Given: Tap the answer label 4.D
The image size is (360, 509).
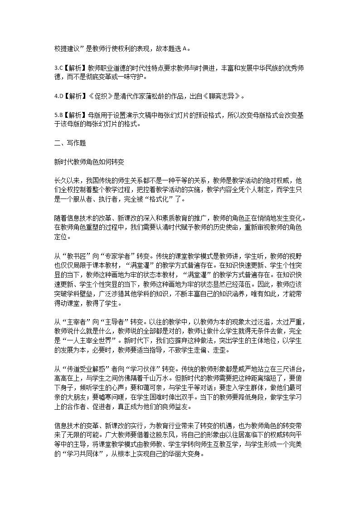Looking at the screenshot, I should point(57,96).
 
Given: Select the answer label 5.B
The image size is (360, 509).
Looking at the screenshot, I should point(57,115).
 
